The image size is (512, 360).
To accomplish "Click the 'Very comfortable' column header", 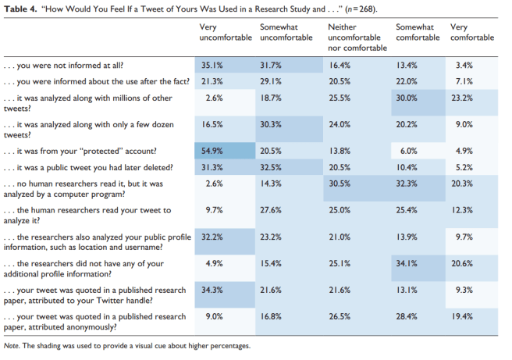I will coord(472,32).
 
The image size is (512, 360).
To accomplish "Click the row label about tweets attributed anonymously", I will coord(94,322).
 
